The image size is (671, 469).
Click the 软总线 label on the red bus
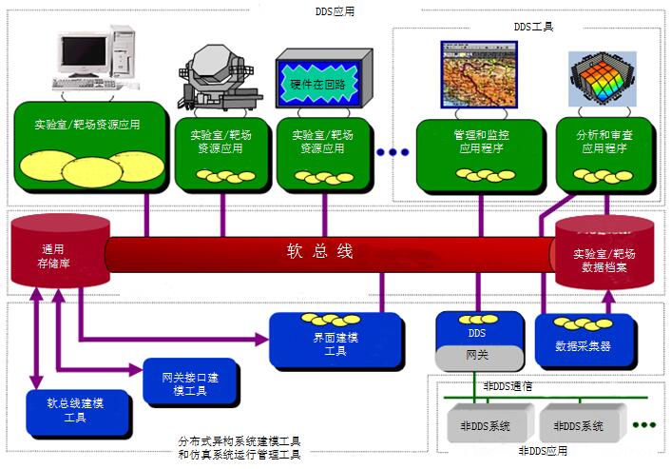click(320, 252)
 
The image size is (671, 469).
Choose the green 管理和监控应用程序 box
click(473, 152)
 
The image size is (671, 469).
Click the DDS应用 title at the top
click(335, 11)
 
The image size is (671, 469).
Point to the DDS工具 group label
click(534, 29)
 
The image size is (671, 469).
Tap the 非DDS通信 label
click(508, 386)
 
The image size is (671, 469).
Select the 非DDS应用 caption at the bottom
click(543, 451)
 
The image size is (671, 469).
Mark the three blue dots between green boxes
click(392, 151)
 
